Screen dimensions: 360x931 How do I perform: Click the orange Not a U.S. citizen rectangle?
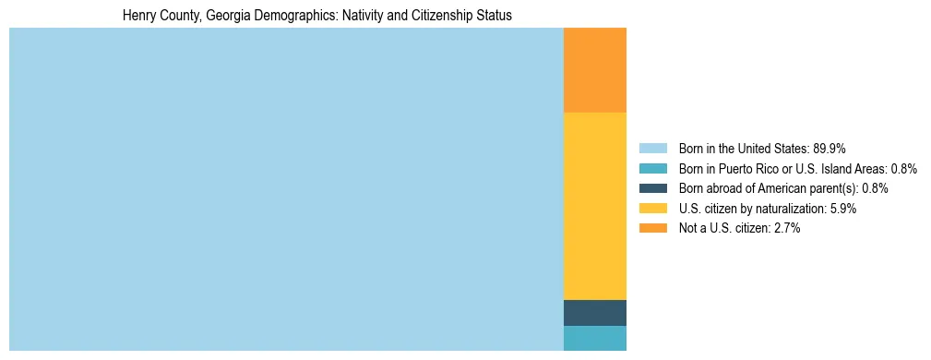tap(594, 69)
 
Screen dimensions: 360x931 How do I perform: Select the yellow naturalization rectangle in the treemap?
tap(594, 205)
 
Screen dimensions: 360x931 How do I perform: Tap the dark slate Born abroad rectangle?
tap(594, 313)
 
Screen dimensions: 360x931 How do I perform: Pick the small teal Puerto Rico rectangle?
tap(594, 338)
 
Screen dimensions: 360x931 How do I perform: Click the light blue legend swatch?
tap(652, 148)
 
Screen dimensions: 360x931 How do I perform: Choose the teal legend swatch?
tap(652, 168)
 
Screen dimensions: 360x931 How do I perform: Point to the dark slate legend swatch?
tap(652, 188)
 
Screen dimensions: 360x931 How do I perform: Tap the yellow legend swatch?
tap(652, 209)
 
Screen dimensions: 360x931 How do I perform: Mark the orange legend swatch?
tap(652, 228)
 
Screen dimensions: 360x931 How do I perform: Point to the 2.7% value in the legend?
tap(785, 228)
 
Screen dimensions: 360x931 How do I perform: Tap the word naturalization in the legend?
tap(786, 209)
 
